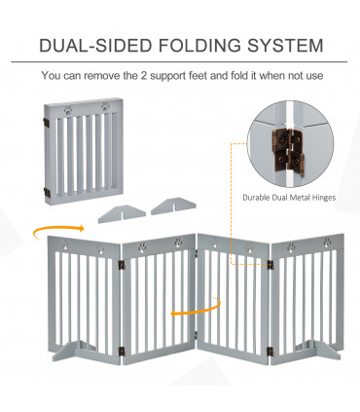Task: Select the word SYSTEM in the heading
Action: coord(285,45)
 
